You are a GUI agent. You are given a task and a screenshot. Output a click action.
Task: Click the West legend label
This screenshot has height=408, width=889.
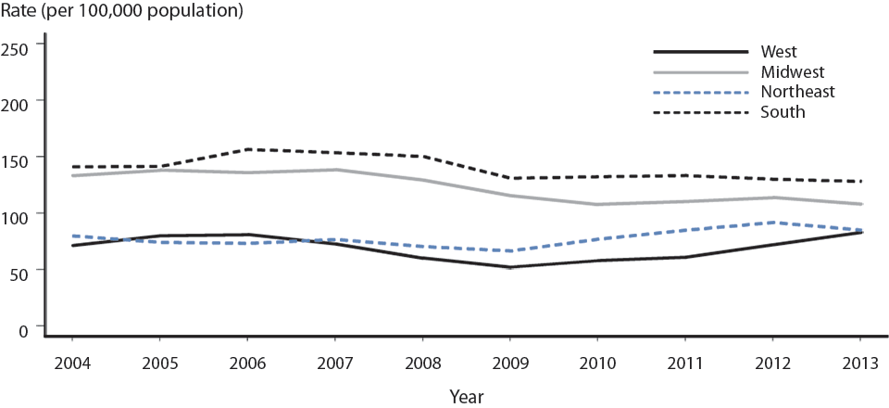pos(779,51)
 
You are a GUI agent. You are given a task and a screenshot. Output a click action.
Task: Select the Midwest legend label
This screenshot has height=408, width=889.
pos(792,71)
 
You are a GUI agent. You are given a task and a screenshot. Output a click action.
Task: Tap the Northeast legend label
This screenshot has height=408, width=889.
pos(797,92)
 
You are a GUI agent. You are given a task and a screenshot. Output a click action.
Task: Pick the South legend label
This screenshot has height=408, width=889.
pos(783,112)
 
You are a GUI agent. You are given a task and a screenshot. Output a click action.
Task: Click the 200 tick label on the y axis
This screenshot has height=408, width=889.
pos(16,100)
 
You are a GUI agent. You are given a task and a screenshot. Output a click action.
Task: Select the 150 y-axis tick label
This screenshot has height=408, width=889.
pos(16,158)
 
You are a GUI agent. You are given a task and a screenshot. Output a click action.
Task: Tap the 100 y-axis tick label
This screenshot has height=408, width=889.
pos(16,214)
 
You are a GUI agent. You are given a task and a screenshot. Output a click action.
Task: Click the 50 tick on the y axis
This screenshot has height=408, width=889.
pos(19,271)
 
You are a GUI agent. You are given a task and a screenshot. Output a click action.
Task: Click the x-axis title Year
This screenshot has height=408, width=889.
pos(466,396)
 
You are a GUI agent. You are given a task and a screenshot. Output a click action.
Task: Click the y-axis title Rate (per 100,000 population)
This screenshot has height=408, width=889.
pos(122,12)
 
